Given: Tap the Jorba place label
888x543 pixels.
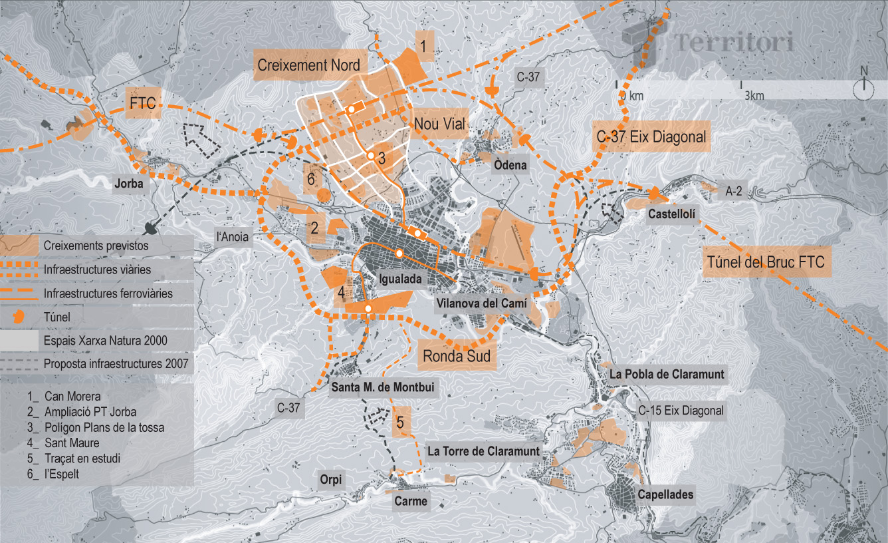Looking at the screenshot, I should [129, 184].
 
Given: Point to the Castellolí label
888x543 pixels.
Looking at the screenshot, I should [672, 215].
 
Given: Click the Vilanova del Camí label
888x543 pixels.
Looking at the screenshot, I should [482, 303].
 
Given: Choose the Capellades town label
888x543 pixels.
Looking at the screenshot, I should [665, 494].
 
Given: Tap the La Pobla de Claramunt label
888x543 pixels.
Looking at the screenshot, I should [667, 374].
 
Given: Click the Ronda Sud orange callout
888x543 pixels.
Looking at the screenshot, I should [457, 356].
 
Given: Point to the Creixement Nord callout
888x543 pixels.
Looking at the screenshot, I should [308, 65].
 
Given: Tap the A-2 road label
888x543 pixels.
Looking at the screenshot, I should [734, 191].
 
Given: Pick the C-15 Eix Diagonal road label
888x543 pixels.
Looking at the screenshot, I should [681, 411].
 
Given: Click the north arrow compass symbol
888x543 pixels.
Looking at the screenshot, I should [864, 84].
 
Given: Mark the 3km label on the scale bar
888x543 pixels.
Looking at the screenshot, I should [754, 96].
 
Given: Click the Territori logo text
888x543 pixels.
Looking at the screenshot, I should [734, 43].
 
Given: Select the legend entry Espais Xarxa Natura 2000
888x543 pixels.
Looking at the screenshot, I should [105, 341].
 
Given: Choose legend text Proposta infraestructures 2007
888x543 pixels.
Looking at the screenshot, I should [117, 364].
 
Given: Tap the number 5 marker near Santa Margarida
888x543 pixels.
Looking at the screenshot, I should [400, 422].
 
